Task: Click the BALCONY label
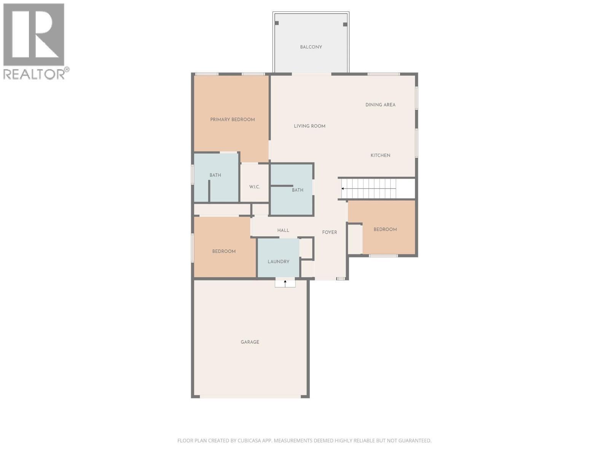tap(311, 47)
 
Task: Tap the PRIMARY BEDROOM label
tap(232, 120)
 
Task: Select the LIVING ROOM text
tap(309, 126)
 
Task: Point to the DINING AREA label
tap(380, 105)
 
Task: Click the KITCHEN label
tap(380, 155)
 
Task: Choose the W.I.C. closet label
tap(254, 187)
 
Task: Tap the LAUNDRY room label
tap(278, 262)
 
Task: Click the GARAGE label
tap(250, 342)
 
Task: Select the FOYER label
tap(329, 232)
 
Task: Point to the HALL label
tap(283, 230)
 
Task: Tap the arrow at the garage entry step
tap(285, 283)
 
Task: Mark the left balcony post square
tap(277, 23)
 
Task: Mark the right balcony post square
tap(345, 24)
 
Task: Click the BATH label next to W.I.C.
tap(215, 176)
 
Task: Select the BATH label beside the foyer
tap(297, 190)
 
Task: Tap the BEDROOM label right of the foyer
tap(385, 230)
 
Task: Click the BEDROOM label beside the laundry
tap(224, 252)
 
